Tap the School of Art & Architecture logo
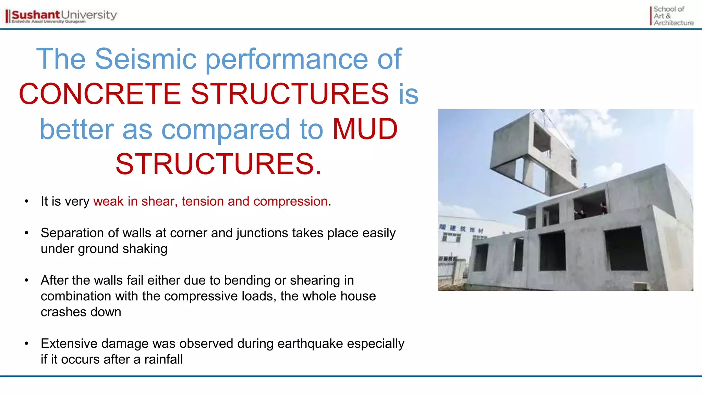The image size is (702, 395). point(672,16)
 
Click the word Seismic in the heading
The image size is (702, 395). point(145,59)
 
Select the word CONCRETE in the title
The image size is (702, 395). point(99,94)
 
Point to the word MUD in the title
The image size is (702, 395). point(365,129)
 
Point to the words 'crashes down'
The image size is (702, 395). point(81,312)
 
